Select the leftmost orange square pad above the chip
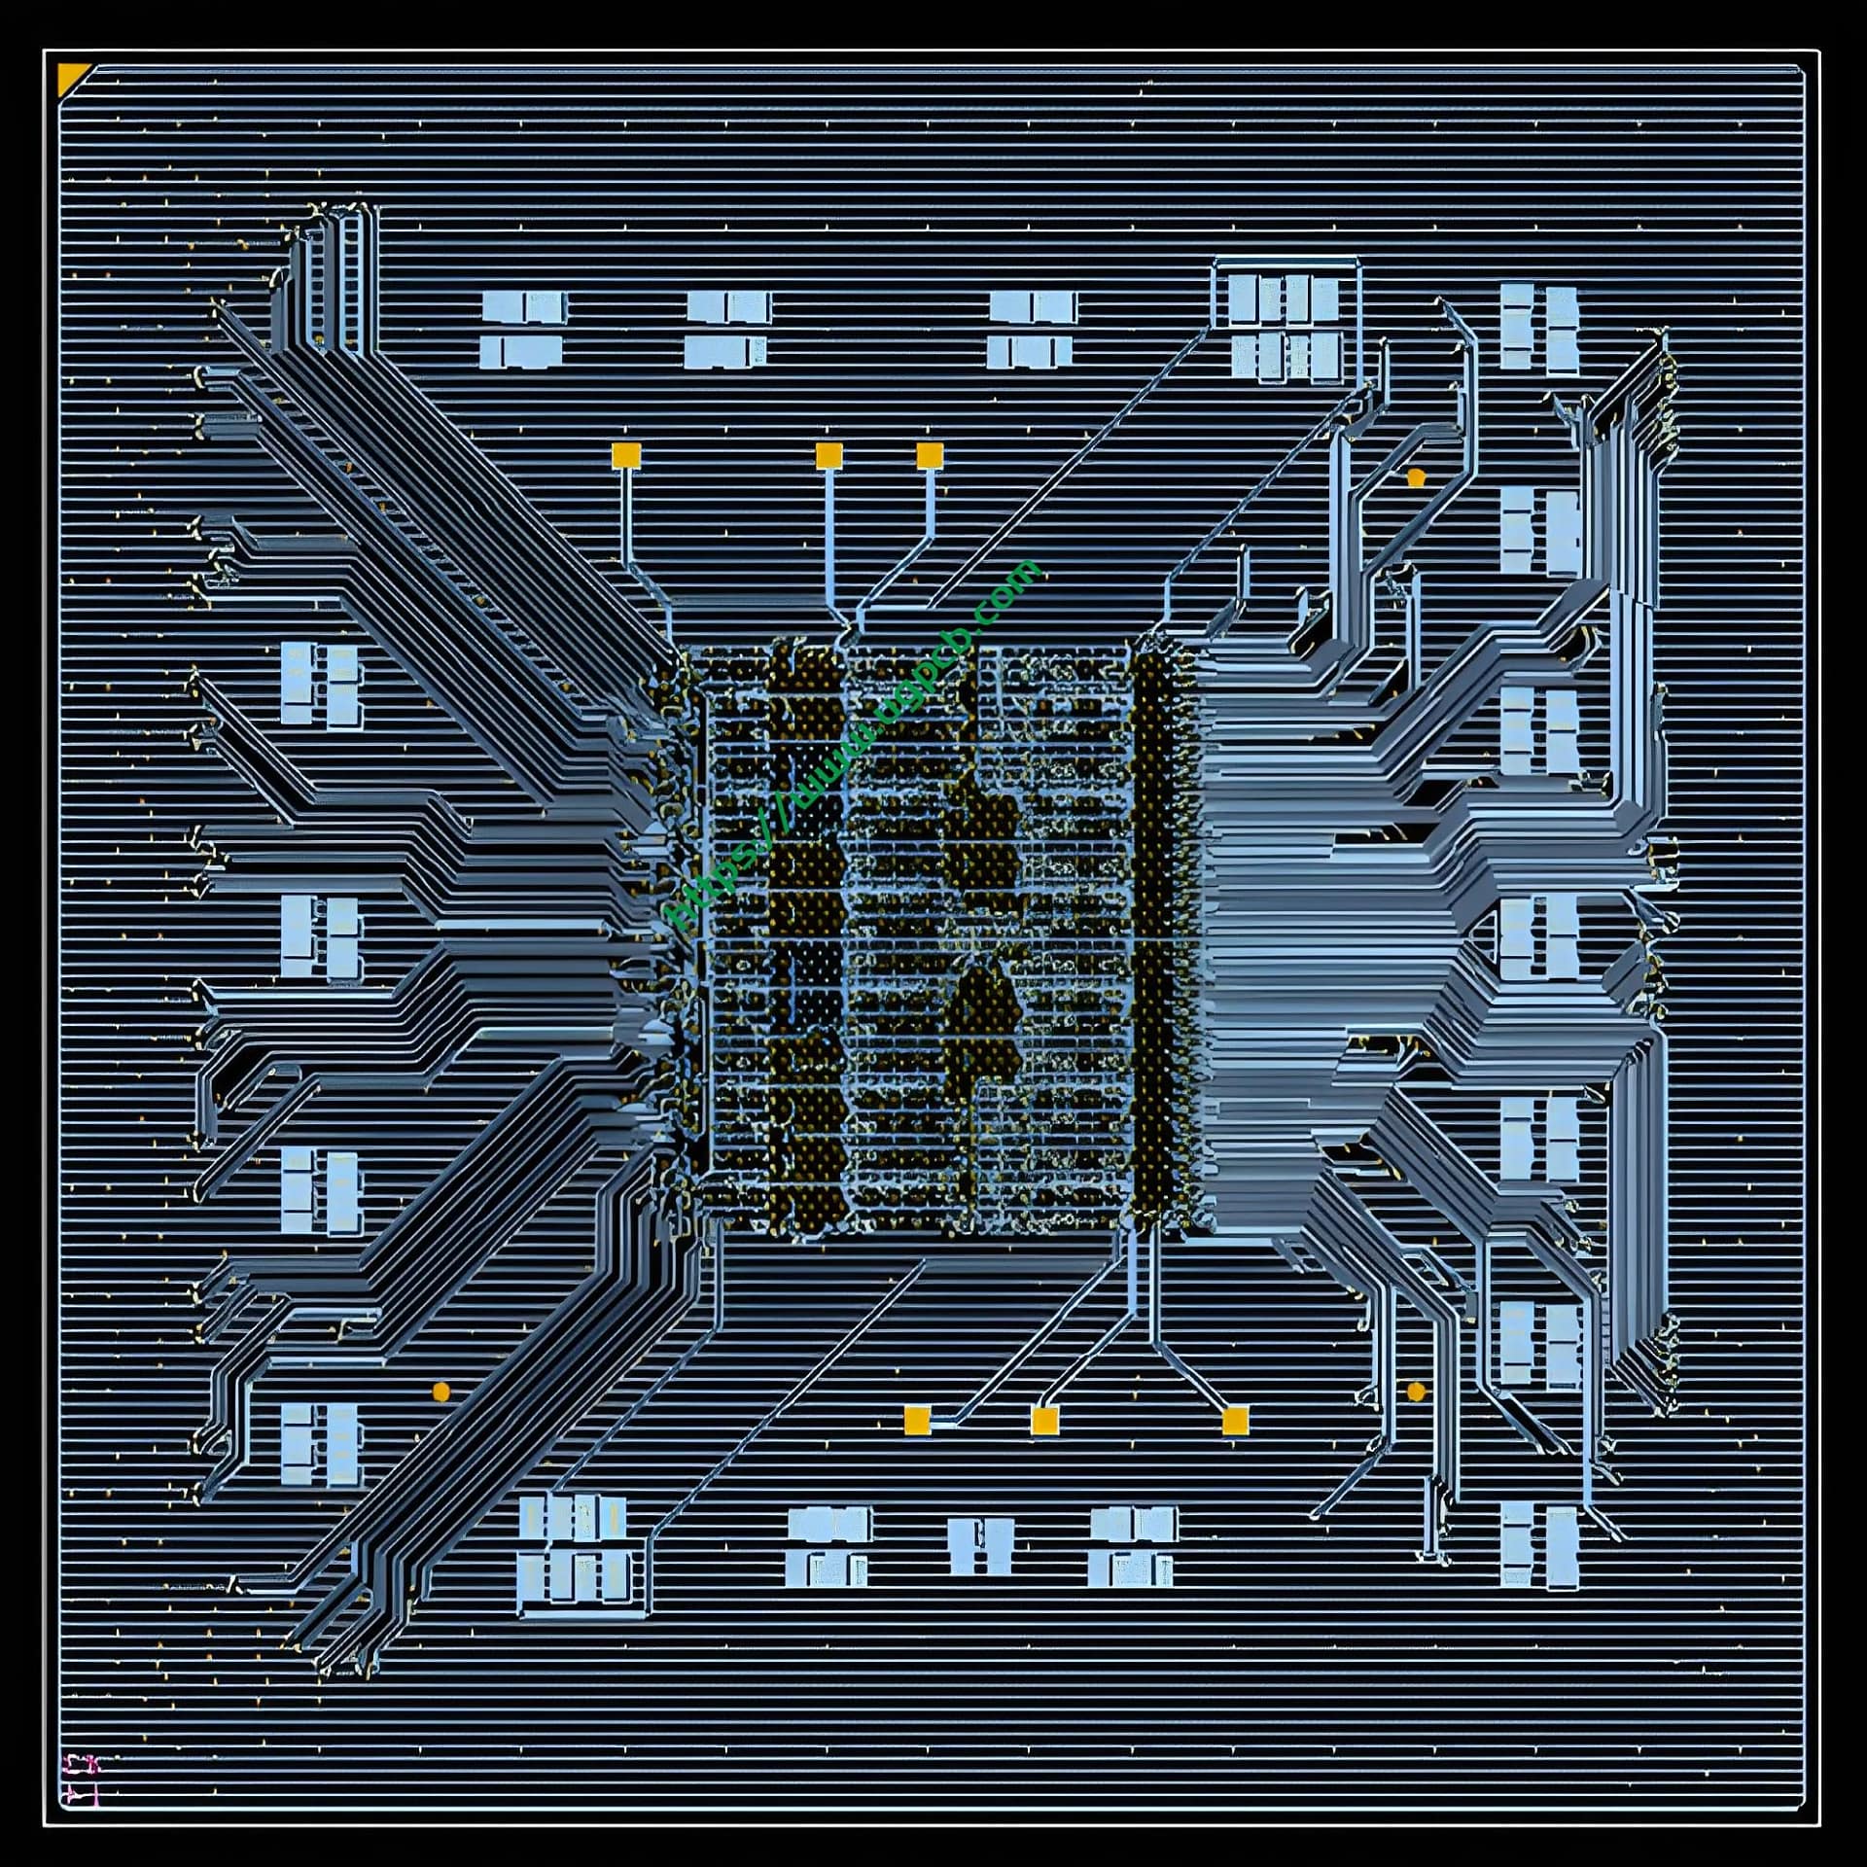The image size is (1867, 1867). pyautogui.click(x=626, y=455)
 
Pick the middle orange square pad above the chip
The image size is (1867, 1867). pyautogui.click(x=828, y=455)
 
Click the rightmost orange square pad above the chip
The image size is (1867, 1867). pyautogui.click(x=930, y=455)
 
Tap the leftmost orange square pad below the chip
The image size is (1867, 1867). pyautogui.click(x=917, y=1421)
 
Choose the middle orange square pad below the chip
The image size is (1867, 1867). pyautogui.click(x=1044, y=1421)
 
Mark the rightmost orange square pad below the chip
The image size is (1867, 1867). pyautogui.click(x=1234, y=1421)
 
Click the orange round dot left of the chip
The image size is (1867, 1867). pyautogui.click(x=440, y=1391)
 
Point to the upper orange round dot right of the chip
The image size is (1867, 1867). pyautogui.click(x=1416, y=477)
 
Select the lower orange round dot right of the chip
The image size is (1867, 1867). pyautogui.click(x=1416, y=1391)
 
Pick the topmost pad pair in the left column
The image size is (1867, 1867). pyautogui.click(x=321, y=685)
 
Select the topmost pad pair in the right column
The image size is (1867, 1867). pyautogui.click(x=1538, y=329)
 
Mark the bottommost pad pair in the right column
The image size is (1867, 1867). pyautogui.click(x=1538, y=1546)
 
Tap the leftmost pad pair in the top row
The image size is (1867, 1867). pyautogui.click(x=524, y=331)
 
